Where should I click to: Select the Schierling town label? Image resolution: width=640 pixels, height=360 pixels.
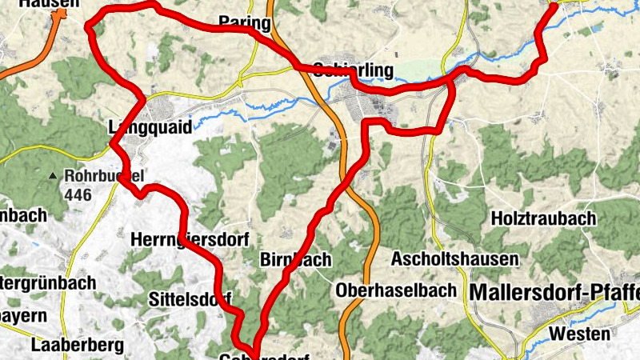coord(354,70)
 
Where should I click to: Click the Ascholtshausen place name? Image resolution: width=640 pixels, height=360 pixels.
coord(454,259)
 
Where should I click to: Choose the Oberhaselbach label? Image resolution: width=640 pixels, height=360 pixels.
coord(397,290)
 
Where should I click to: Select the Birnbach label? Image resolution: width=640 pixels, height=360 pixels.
coord(296,259)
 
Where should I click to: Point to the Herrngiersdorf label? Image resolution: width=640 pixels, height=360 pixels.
coord(190,238)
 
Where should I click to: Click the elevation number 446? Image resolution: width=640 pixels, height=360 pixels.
coord(78,194)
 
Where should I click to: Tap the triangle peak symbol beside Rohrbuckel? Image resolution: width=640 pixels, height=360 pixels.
coord(53,175)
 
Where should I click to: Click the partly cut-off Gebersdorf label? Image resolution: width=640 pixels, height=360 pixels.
coord(264,355)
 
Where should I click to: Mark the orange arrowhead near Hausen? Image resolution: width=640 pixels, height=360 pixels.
coord(57,14)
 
